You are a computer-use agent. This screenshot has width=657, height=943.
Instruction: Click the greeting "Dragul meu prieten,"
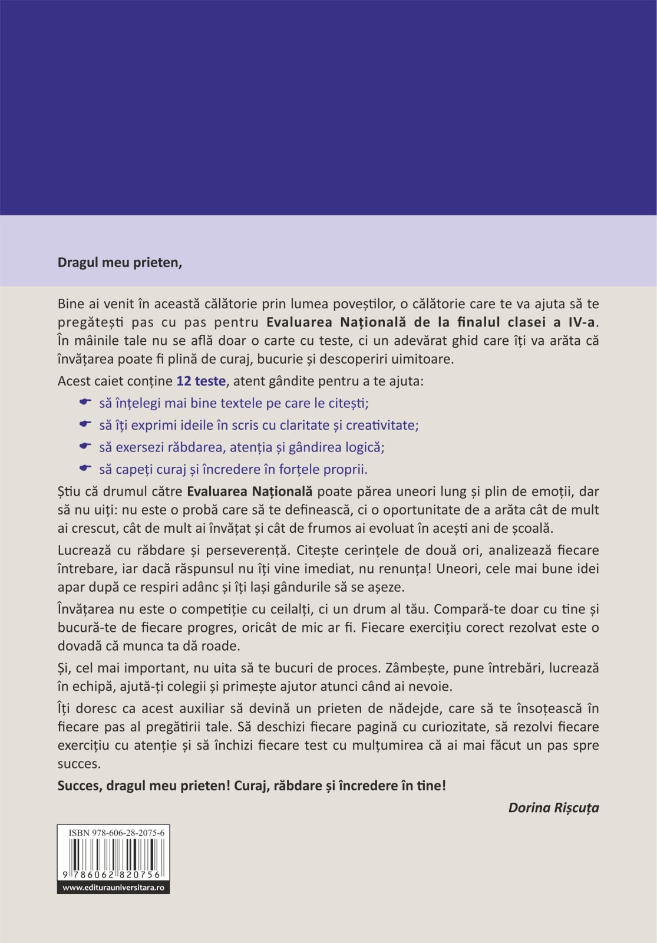click(x=120, y=263)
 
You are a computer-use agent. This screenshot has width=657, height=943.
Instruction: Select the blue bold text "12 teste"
click(x=201, y=381)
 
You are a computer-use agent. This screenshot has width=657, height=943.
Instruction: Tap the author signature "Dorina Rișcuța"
click(x=553, y=808)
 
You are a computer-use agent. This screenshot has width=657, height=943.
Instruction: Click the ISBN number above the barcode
click(x=116, y=833)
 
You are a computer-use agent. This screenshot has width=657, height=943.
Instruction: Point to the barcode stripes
click(x=114, y=853)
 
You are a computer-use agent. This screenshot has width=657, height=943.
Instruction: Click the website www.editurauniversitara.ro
click(x=113, y=888)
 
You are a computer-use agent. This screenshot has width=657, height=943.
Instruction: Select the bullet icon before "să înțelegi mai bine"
click(x=85, y=403)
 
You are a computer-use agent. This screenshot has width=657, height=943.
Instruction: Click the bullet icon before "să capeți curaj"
click(x=85, y=469)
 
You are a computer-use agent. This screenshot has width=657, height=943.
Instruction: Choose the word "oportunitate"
click(x=422, y=510)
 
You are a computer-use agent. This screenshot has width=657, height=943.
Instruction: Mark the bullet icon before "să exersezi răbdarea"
click(x=85, y=446)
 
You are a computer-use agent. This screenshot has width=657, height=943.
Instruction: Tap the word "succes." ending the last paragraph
click(x=79, y=764)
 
